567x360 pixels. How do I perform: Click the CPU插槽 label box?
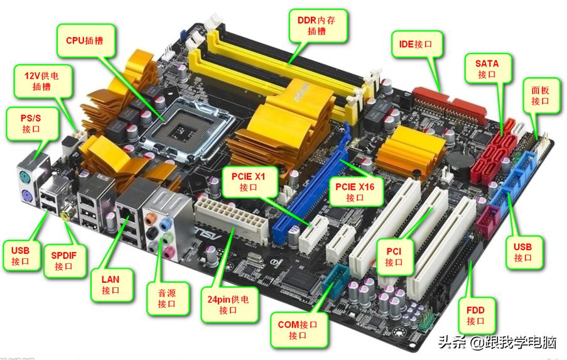point(86,40)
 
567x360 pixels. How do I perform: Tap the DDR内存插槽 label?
point(318,26)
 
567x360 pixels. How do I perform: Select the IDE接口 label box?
point(417,44)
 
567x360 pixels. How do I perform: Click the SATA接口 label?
point(488,68)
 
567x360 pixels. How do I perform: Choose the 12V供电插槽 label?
point(43,81)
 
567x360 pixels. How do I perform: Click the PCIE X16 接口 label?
point(356,192)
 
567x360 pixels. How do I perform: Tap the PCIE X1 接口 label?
point(249,182)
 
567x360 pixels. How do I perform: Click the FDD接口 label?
point(476,315)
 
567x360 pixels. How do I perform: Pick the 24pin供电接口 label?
point(229,304)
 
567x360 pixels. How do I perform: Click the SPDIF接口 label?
point(65,261)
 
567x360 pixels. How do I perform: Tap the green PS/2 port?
point(24,178)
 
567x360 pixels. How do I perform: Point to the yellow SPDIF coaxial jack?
point(65,215)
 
